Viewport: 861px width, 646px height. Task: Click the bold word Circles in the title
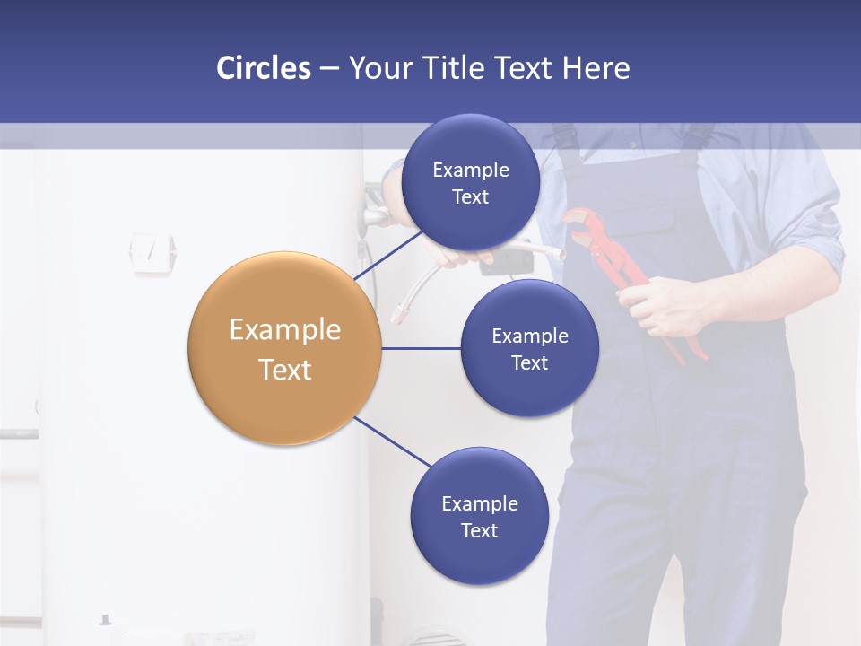(x=263, y=68)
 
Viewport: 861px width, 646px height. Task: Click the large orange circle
(x=284, y=348)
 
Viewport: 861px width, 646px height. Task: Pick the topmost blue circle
(x=470, y=182)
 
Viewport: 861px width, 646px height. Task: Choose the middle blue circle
(x=529, y=348)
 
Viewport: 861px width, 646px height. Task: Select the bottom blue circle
(x=479, y=516)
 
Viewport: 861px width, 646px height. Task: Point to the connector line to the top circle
(x=387, y=255)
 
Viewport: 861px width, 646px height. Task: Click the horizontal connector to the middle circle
(x=421, y=348)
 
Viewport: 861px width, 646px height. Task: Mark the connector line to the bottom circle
(x=392, y=441)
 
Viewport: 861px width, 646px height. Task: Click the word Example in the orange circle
(x=284, y=330)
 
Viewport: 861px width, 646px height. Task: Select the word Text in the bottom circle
(x=479, y=530)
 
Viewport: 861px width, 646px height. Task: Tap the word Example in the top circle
(x=470, y=170)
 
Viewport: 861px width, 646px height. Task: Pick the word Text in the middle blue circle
(x=529, y=362)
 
